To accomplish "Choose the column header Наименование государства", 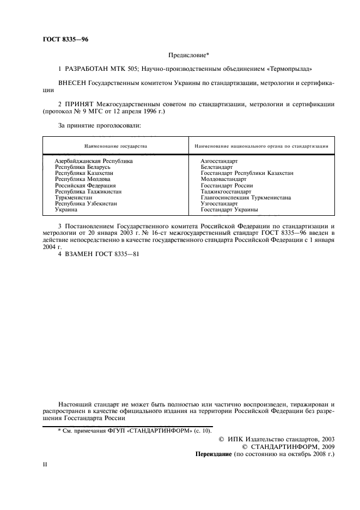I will tap(115, 146).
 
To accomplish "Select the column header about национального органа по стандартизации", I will tap(261, 146).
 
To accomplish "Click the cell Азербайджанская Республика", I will tap(94, 161).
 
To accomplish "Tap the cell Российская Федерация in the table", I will tap(86, 185).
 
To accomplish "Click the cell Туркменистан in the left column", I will tap(74, 197).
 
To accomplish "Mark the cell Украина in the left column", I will tap(66, 209).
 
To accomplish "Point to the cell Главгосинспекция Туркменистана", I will tap(246, 197).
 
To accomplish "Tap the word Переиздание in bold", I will tap(213, 453).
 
